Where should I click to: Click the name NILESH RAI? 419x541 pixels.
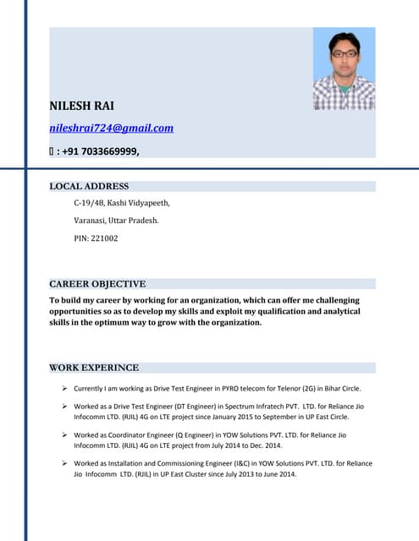click(x=81, y=106)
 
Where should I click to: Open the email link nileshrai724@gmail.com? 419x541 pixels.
click(x=111, y=128)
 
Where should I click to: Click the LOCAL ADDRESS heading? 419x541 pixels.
click(x=89, y=186)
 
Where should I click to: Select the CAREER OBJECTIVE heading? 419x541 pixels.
click(x=97, y=284)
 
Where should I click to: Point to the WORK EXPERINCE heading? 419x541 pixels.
click(x=94, y=368)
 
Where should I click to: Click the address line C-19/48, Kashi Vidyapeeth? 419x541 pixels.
click(x=122, y=203)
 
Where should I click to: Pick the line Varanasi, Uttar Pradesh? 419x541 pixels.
click(x=116, y=221)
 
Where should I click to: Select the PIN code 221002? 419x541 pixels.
click(x=96, y=238)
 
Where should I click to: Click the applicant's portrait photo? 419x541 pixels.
click(x=344, y=69)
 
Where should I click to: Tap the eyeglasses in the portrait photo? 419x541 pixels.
click(x=344, y=54)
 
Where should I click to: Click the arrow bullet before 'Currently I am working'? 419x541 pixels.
click(x=65, y=389)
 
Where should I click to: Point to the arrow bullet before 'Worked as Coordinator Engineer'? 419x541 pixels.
click(x=65, y=435)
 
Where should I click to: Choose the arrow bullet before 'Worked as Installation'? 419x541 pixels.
click(x=65, y=464)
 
